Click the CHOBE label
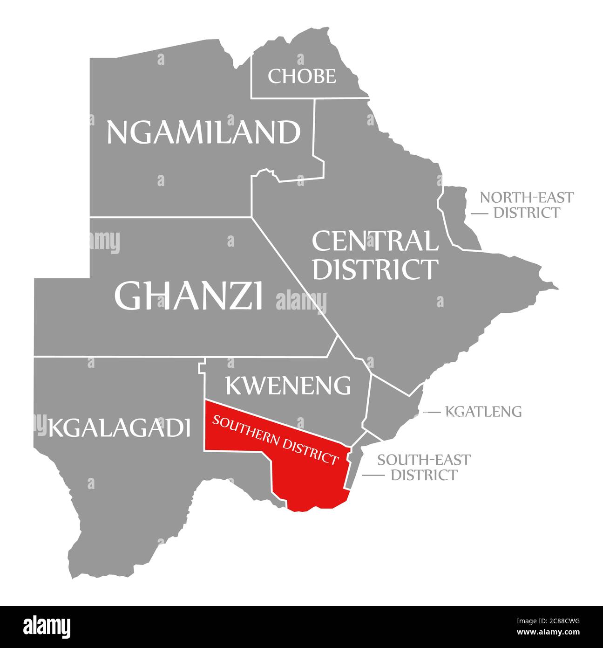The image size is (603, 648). (x=302, y=76)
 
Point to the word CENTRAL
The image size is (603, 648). (x=375, y=241)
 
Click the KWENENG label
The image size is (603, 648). (x=288, y=386)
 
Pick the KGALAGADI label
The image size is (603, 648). (x=119, y=427)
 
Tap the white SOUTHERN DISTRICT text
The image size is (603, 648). (x=275, y=439)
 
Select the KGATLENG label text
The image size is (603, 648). (x=483, y=411)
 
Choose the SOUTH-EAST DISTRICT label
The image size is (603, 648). (x=424, y=467)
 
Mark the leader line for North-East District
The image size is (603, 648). (x=479, y=214)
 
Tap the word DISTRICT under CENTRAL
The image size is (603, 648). (x=375, y=269)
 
